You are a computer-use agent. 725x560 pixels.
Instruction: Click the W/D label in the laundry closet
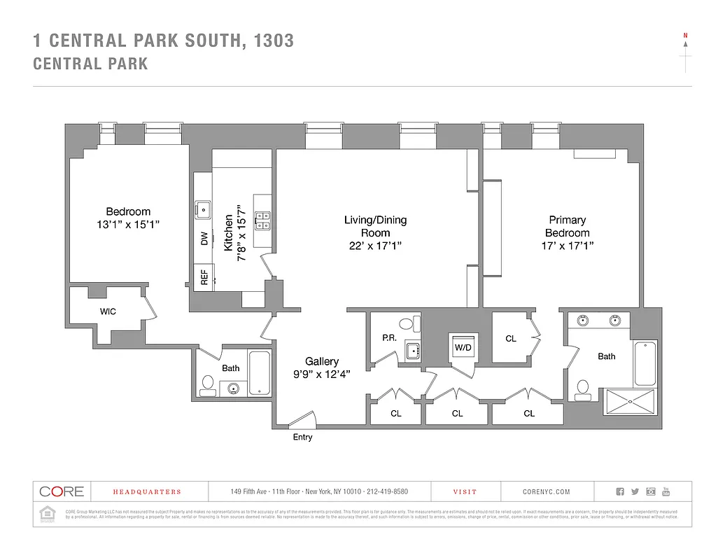462,347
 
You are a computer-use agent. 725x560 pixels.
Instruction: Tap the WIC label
108,311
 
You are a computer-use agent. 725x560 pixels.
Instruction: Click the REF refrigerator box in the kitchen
204,277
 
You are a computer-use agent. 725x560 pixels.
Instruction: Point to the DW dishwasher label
204,239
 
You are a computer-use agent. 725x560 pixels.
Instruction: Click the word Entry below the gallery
303,437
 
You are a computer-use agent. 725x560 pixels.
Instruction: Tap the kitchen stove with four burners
262,221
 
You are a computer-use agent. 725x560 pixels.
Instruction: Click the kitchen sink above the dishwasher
203,209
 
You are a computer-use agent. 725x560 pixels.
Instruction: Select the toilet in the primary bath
582,389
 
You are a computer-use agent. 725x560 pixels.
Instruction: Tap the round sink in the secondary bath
233,388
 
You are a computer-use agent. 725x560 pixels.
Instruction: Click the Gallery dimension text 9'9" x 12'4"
321,374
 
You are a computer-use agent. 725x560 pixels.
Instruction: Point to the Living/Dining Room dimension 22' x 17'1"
374,246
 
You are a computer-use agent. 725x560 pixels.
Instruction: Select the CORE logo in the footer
61,491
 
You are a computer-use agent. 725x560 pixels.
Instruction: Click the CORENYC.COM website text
547,492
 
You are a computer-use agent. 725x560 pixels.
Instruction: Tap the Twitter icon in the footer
635,491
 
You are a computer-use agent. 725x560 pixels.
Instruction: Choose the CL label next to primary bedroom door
511,339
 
